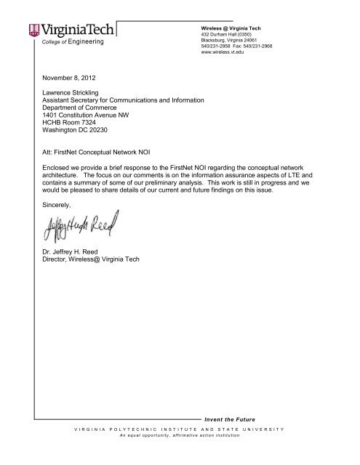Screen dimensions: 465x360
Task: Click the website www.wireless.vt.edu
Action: click(x=226, y=52)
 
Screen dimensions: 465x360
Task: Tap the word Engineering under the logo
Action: click(x=83, y=42)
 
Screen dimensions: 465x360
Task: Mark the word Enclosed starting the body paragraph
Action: click(x=60, y=167)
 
